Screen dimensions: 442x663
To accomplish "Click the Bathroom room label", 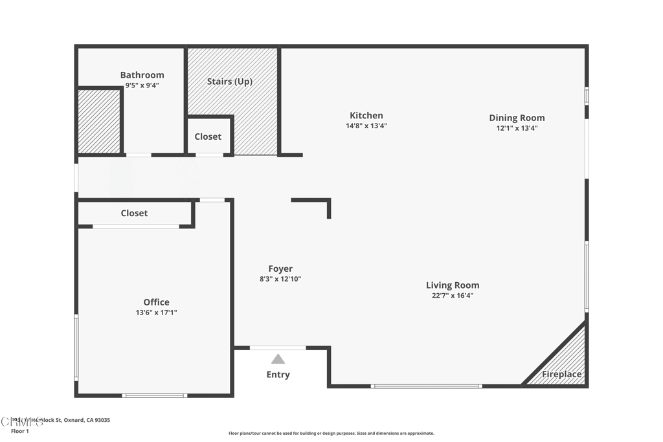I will [x=142, y=75].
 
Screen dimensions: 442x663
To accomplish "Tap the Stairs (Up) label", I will [x=229, y=82].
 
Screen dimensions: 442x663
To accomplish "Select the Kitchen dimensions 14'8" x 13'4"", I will [x=366, y=126].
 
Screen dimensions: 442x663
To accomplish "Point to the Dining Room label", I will [x=517, y=118].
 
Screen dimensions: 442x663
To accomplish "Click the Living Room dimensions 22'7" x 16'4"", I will [x=453, y=296].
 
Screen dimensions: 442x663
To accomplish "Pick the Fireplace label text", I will [x=561, y=375].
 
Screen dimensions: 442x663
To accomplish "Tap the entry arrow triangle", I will [x=278, y=359].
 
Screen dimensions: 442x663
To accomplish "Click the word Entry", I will [x=278, y=375].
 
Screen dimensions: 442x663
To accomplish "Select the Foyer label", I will [x=280, y=269].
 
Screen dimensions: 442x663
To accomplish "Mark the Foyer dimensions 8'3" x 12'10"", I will [x=280, y=280].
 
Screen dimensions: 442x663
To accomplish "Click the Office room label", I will [x=156, y=302].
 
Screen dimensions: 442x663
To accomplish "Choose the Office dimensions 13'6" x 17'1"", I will [x=156, y=313].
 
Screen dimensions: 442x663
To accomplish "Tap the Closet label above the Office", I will [x=134, y=213].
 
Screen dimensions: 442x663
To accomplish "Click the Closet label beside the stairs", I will [x=208, y=137].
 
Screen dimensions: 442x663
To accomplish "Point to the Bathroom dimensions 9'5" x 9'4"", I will [x=142, y=85].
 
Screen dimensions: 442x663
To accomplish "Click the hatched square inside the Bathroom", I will [x=99, y=122].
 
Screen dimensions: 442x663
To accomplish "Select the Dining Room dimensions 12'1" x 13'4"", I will [x=517, y=128].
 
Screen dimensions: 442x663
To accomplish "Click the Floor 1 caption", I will [x=20, y=431].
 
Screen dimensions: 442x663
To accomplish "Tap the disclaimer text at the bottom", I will [x=331, y=434].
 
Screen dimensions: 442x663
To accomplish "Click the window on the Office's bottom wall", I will [x=155, y=395].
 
